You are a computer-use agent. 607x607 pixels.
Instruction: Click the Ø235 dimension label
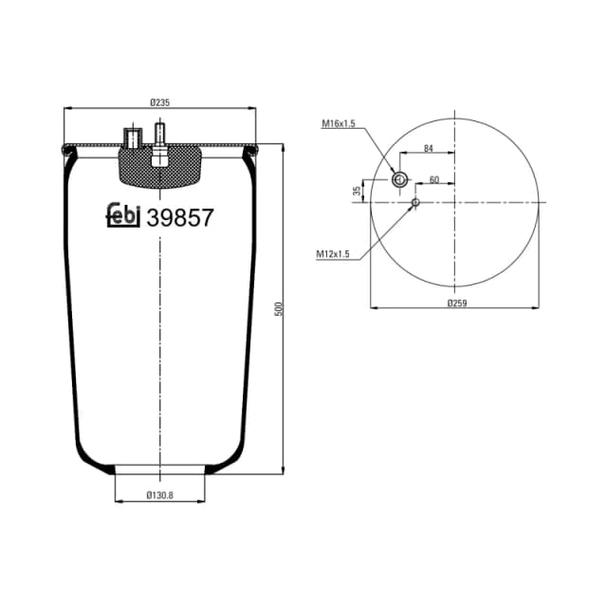tap(159, 102)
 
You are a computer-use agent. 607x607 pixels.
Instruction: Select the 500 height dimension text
tap(279, 309)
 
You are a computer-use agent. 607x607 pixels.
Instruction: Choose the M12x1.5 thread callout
tap(333, 253)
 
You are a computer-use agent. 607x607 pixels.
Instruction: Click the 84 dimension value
tap(428, 148)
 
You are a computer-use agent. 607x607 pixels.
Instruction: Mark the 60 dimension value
tap(434, 179)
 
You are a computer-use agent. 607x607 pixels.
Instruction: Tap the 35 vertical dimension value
tap(358, 191)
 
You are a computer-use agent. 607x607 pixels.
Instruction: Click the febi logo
tap(122, 216)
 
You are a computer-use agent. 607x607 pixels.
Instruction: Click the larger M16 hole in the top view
tap(399, 180)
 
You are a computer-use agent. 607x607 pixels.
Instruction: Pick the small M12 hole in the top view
tap(415, 202)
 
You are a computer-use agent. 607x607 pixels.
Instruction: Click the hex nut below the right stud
tap(159, 157)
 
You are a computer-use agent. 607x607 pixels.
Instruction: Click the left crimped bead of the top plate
tap(65, 148)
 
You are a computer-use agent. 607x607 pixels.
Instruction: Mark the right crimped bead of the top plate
tap(254, 148)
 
